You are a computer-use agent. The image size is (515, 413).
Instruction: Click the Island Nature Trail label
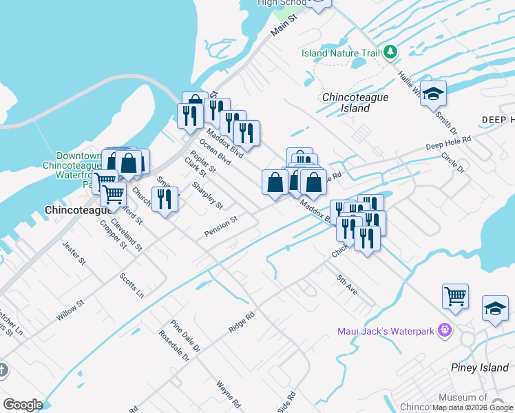[340, 53]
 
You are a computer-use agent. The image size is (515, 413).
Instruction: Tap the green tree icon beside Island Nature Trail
[390, 52]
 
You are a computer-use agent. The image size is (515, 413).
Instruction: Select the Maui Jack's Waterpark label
[386, 331]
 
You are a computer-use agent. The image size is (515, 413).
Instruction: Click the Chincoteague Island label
[355, 103]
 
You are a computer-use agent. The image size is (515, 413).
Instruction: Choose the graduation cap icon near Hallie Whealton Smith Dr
[433, 94]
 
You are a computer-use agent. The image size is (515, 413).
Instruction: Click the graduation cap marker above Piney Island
[495, 308]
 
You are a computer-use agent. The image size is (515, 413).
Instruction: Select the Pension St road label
[220, 227]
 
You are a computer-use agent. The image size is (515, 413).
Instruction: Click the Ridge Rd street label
[242, 322]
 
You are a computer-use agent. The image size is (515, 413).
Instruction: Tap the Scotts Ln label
[132, 285]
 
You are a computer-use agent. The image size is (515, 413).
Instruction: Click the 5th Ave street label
[347, 285]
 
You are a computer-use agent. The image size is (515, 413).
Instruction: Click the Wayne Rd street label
[228, 394]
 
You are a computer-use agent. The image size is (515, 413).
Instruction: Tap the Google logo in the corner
[23, 405]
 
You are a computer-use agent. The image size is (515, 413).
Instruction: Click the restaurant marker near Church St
[165, 200]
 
